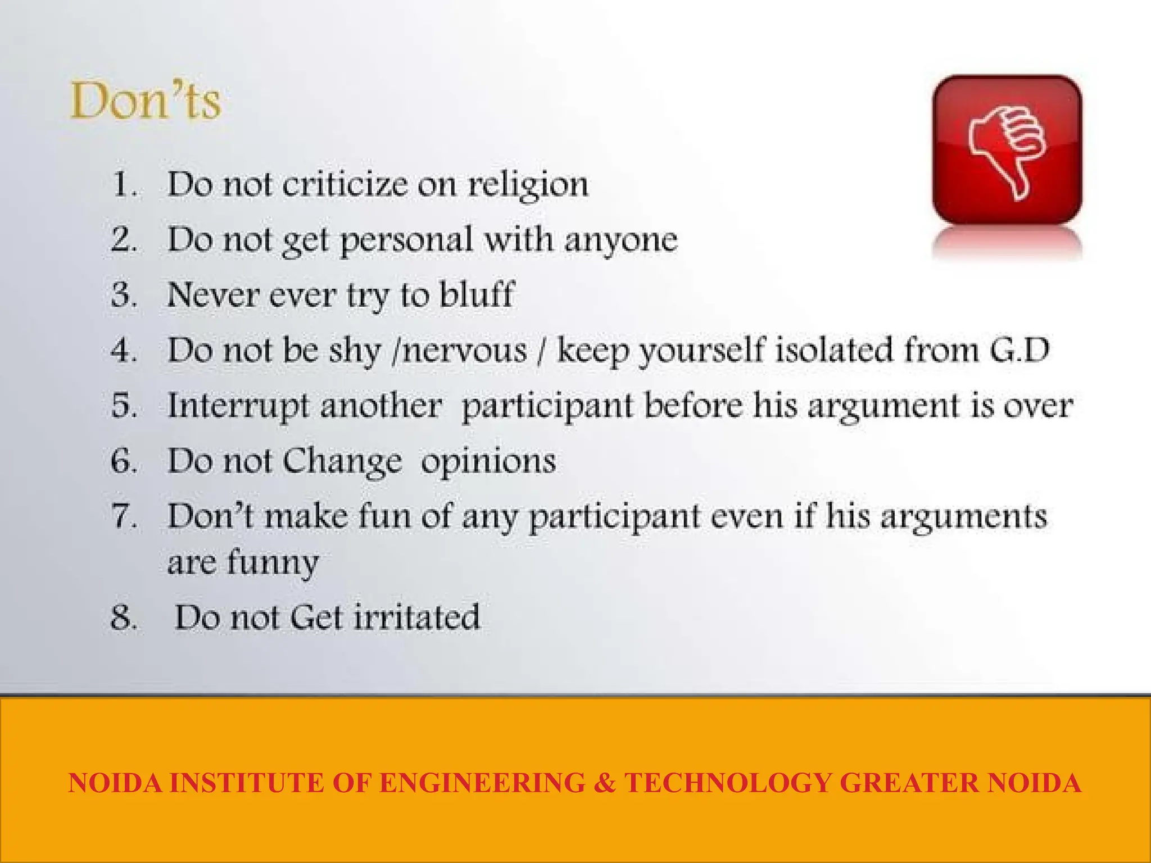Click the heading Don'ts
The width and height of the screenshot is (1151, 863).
(146, 101)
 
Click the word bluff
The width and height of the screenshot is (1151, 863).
(477, 294)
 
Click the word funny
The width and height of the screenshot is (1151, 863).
(273, 562)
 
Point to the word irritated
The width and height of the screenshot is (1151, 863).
(416, 617)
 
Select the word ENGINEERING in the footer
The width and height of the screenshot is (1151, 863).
(482, 783)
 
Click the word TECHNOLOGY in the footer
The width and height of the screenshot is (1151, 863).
(728, 783)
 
